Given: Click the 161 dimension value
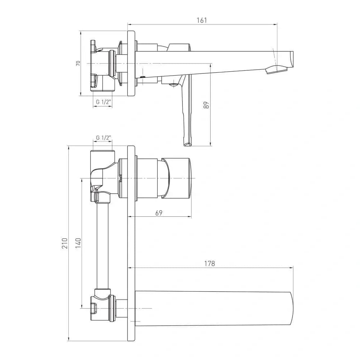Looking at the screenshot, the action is tap(202, 20).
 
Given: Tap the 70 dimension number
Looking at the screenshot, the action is tap(78, 63).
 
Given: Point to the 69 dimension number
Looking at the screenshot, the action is tap(159, 213).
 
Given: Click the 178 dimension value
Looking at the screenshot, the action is tap(210, 264).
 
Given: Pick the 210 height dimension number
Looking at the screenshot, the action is tap(64, 243).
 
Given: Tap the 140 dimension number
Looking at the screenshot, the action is tap(78, 243).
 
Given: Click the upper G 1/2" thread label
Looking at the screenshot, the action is tap(103, 102).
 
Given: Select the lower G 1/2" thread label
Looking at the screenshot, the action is tap(103, 138).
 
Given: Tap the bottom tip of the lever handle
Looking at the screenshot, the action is tap(187, 145).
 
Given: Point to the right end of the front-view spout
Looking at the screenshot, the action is tap(292, 309).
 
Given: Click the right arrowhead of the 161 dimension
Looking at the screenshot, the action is tap(275, 24).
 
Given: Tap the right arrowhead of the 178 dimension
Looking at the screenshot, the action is tap(291, 267).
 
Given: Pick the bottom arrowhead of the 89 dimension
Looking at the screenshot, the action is tap(211, 144).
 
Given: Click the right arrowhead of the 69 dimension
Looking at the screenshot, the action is tap(189, 216).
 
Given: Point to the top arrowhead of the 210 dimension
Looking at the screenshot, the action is tap(69, 148).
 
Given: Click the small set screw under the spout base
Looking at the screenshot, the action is tap(143, 77).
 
